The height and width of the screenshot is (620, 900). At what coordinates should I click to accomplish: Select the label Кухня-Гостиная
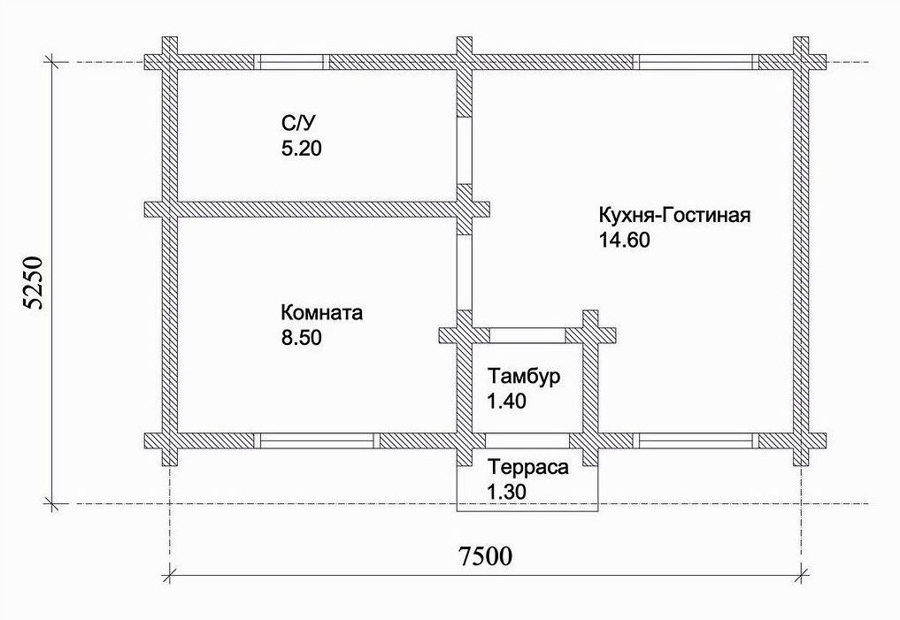pos(674,216)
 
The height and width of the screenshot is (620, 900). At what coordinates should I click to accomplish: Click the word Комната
pos(322,313)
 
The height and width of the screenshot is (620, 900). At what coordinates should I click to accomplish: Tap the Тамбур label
pos(524,377)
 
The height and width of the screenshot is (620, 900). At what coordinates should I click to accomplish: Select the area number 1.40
pos(506,401)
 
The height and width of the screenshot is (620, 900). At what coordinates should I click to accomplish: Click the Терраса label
pos(527,467)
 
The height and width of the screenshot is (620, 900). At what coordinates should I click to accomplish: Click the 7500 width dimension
pos(485,556)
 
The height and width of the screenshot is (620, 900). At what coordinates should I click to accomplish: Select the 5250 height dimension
pos(33,283)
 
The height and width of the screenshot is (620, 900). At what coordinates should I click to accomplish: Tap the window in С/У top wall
pos(291,62)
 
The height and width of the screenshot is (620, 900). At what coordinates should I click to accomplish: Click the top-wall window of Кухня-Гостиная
pos(698,62)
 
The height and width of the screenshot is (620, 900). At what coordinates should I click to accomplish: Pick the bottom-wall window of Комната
pos(316,440)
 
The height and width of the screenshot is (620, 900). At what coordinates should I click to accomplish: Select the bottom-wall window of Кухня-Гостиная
pos(698,440)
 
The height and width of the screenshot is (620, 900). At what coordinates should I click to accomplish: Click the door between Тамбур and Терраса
pos(527,440)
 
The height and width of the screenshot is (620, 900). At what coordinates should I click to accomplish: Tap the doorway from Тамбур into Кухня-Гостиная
pos(527,334)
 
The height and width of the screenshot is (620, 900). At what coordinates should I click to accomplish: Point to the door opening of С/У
pos(465,149)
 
